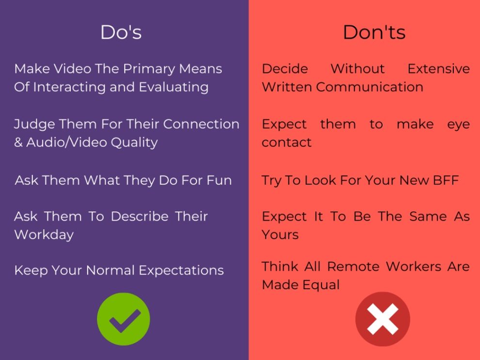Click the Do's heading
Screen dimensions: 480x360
click(121, 32)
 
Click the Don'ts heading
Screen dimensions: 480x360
click(374, 32)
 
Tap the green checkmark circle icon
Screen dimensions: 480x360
click(123, 319)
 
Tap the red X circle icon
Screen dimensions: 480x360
click(383, 319)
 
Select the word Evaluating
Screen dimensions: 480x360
click(174, 88)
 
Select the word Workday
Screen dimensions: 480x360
click(44, 235)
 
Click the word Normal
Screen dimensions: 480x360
click(110, 270)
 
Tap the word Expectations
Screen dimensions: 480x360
click(181, 271)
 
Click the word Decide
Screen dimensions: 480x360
click(285, 69)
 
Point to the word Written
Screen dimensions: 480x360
click(287, 87)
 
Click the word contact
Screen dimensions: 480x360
click(287, 142)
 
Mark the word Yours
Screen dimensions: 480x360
click(280, 235)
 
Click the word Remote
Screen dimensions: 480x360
click(354, 266)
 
